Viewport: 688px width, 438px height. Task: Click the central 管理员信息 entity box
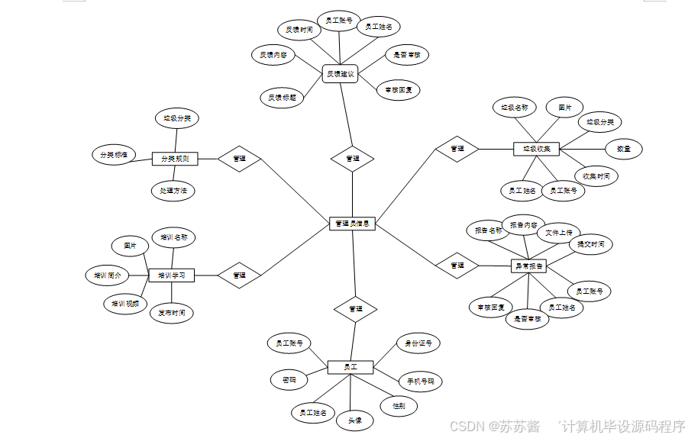click(x=352, y=224)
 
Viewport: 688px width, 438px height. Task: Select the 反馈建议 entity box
click(x=341, y=74)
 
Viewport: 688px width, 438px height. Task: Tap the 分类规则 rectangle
click(x=175, y=159)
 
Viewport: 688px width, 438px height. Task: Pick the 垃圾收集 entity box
click(x=536, y=148)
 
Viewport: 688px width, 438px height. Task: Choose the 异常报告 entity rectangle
click(x=528, y=266)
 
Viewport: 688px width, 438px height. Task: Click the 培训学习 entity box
click(x=172, y=275)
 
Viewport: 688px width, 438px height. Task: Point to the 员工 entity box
click(x=350, y=367)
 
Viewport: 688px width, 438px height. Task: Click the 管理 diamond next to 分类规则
click(x=239, y=159)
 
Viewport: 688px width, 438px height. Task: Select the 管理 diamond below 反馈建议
click(x=352, y=159)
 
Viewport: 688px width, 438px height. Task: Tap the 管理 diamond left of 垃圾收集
click(x=457, y=148)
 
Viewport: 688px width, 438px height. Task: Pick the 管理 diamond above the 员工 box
click(x=355, y=309)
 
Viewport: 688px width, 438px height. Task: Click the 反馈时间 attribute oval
click(x=299, y=30)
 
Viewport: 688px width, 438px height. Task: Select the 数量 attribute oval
click(x=623, y=149)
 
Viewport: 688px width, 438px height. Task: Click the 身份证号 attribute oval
click(x=418, y=343)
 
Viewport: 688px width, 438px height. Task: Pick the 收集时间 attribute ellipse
click(x=596, y=176)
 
